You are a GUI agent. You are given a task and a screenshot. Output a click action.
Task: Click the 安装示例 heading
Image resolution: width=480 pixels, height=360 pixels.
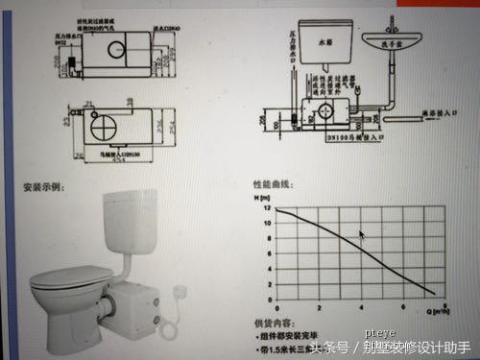coord(43,186)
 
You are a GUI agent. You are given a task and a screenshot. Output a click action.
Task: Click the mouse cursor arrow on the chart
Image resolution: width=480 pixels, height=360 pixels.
coord(362,235)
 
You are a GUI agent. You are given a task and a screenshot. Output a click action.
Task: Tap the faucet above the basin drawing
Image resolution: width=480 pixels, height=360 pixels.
coord(399,17)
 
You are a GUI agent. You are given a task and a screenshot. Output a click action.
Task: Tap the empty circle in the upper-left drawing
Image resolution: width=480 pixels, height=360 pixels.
coord(115,45)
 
